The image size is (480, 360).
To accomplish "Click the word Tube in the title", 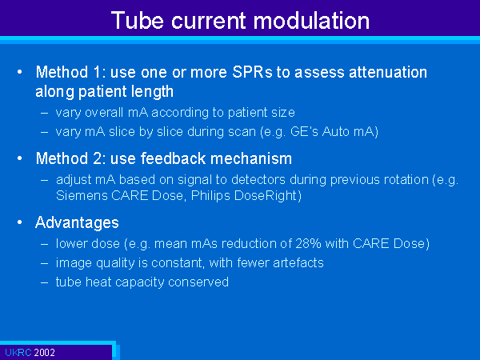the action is pyautogui.click(x=137, y=21).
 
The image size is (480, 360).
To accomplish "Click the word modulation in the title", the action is pyautogui.click(x=311, y=21).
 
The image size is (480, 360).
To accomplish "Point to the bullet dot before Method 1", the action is pyautogui.click(x=20, y=72).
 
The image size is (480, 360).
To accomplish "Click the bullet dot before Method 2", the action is pyautogui.click(x=20, y=158).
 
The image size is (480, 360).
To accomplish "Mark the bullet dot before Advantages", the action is pyautogui.click(x=20, y=222).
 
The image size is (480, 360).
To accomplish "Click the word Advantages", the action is pyautogui.click(x=77, y=223).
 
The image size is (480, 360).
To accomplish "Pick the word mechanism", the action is pyautogui.click(x=251, y=158).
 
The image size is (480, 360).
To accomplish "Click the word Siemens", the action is pyautogui.click(x=82, y=196).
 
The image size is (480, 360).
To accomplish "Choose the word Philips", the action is pyautogui.click(x=210, y=196).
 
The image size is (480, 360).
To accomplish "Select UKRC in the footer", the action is pyautogui.click(x=18, y=352).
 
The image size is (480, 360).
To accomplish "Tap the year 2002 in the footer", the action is pyautogui.click(x=44, y=352).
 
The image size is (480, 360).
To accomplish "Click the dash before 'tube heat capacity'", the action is pyautogui.click(x=44, y=282).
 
